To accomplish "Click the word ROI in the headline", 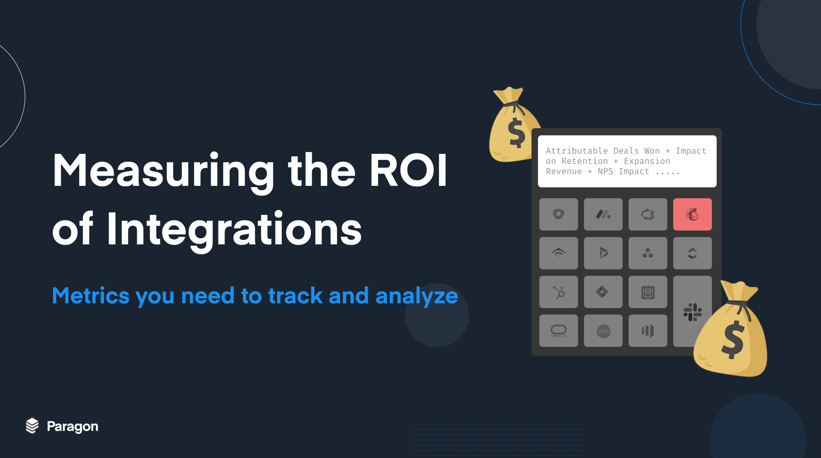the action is (x=408, y=170).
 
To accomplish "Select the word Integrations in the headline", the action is (x=234, y=230).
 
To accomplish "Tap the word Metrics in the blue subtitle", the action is (x=91, y=296).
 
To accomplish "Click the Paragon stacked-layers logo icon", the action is (x=32, y=426).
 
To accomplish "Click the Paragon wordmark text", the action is (x=73, y=427).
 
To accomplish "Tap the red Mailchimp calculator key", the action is (x=692, y=214).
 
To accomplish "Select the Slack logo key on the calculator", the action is (x=692, y=312).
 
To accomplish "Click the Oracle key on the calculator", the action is (x=558, y=331).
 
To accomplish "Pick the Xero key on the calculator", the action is (x=603, y=331).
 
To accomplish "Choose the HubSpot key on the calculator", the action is (x=558, y=292).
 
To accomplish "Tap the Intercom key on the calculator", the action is (x=648, y=292).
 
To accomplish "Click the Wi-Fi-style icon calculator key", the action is (x=558, y=253).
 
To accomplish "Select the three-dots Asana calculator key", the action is (x=648, y=253).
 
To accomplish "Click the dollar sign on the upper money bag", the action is (x=517, y=132).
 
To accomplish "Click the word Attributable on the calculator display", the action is (x=576, y=151).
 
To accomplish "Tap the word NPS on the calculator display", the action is (x=605, y=171).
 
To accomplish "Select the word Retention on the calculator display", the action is (x=585, y=161).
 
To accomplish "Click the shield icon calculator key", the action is (x=558, y=214).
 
